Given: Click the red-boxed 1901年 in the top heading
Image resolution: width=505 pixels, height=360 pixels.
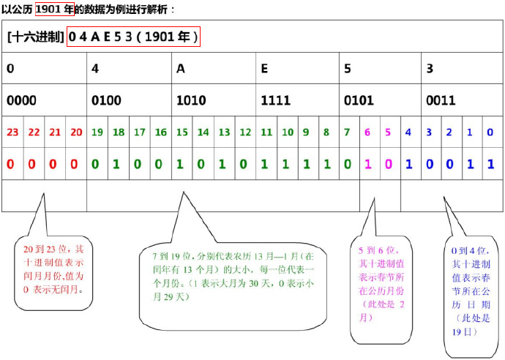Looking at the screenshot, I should click(54, 10).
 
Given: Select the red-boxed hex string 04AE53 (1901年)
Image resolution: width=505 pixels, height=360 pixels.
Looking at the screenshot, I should click(133, 37).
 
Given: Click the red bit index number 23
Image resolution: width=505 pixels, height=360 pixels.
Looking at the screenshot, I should click(12, 132).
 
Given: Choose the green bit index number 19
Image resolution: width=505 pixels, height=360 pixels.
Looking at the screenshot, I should click(97, 132).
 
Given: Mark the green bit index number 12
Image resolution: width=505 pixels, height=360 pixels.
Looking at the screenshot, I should click(245, 132).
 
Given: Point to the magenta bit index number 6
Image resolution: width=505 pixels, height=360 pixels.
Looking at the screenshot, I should click(368, 132).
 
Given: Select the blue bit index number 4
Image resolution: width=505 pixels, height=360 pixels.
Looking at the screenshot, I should click(408, 132).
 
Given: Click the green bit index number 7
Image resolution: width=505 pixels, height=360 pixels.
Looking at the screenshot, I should click(347, 132).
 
